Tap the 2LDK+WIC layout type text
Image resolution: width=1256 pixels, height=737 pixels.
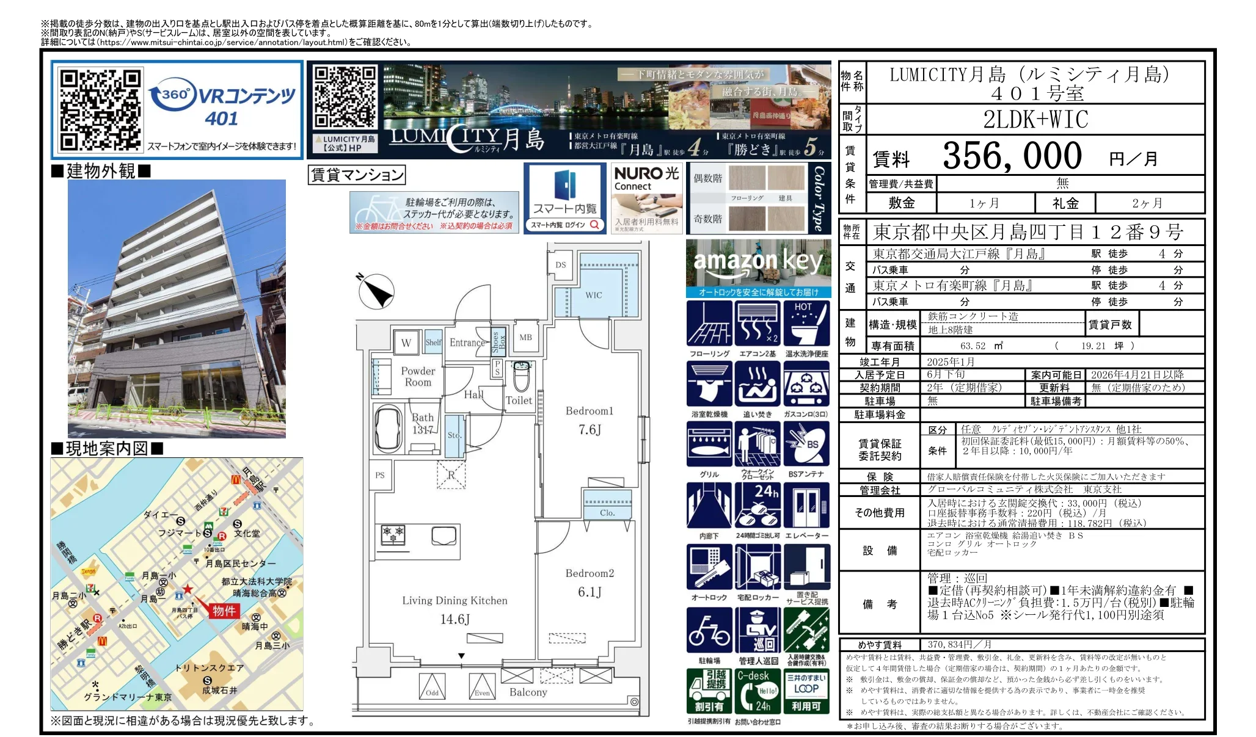pyautogui.click(x=1035, y=119)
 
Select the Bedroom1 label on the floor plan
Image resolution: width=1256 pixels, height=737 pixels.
pyautogui.click(x=589, y=411)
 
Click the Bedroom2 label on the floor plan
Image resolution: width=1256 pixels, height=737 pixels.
pyautogui.click(x=590, y=573)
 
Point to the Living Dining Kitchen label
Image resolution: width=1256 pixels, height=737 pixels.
pyautogui.click(x=455, y=601)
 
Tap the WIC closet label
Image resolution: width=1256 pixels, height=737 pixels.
pyautogui.click(x=593, y=295)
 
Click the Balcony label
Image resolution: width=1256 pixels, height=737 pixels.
pyautogui.click(x=528, y=692)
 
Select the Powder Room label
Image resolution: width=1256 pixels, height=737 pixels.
pyautogui.click(x=418, y=376)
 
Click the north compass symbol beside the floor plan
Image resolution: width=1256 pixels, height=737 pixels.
pyautogui.click(x=376, y=291)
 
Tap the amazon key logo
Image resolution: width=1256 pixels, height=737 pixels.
pyautogui.click(x=758, y=261)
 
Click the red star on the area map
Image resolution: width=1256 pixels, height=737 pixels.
pyautogui.click(x=188, y=589)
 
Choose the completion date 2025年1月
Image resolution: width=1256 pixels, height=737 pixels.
pyautogui.click(x=950, y=361)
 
